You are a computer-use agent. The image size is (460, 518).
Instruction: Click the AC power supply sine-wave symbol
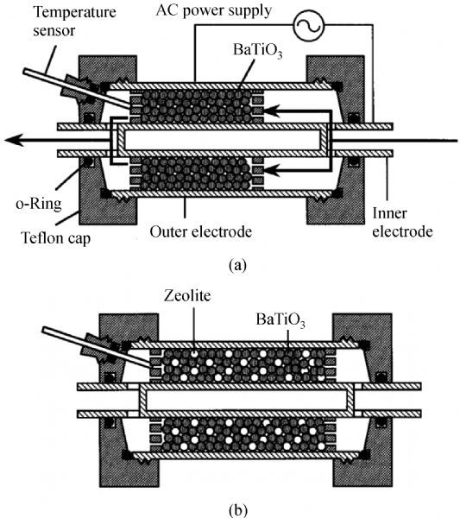(308, 25)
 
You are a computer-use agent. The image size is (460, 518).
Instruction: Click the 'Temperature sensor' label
(74, 21)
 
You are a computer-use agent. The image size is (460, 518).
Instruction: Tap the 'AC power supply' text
(214, 11)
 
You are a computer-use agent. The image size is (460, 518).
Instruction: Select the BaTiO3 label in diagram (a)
(258, 51)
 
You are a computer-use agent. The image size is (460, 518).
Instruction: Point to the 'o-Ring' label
(39, 204)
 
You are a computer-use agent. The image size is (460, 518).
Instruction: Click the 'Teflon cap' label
(55, 238)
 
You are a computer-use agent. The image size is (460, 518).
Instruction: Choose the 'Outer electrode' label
(201, 231)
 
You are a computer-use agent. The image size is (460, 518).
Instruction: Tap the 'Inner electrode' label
(402, 222)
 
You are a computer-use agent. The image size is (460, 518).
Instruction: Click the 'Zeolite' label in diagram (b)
(187, 295)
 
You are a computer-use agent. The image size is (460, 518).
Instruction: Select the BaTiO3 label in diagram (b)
(280, 320)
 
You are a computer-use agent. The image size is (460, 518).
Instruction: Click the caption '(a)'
(237, 265)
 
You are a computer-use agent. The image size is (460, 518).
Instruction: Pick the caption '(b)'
(237, 510)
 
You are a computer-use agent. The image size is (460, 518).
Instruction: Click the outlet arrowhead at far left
(13, 141)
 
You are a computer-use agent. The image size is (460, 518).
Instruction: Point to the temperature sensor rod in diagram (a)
(78, 88)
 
